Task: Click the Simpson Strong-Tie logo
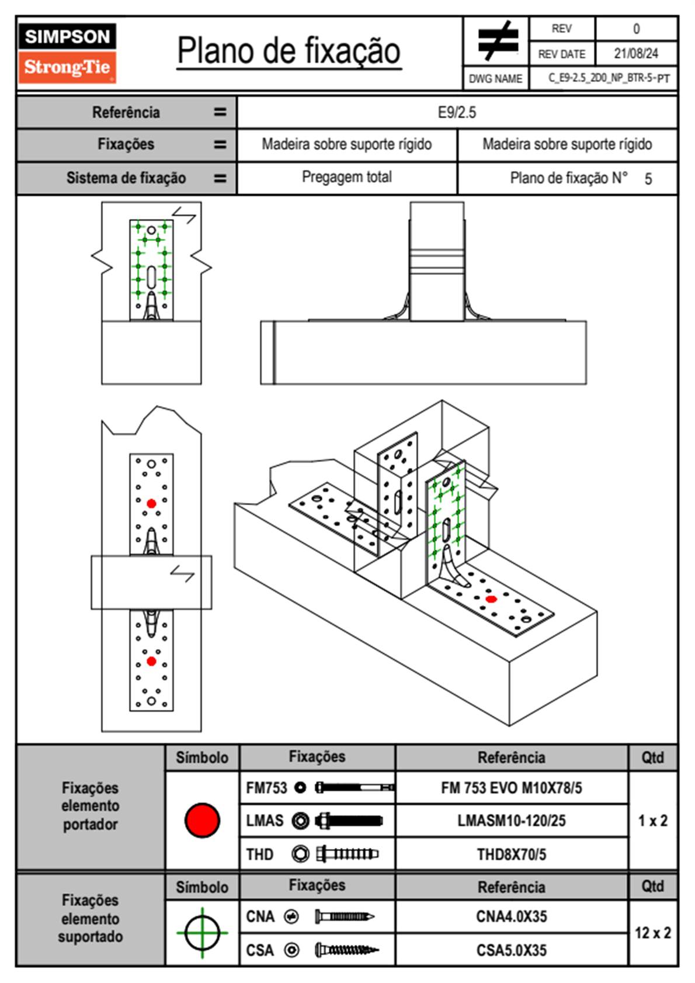(67, 53)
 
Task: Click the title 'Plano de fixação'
(289, 51)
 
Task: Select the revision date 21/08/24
(635, 54)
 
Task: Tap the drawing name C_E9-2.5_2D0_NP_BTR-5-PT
(609, 78)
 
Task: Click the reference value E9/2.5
(457, 112)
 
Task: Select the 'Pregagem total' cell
(346, 177)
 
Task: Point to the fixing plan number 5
(648, 179)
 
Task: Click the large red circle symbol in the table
(202, 820)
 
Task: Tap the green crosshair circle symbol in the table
(202, 933)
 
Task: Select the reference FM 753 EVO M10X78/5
(511, 788)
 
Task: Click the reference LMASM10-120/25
(511, 821)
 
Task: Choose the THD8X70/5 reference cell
(511, 854)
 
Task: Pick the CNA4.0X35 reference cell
(511, 916)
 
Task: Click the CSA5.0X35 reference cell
(511, 950)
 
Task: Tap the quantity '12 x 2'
(652, 933)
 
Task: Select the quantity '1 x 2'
(652, 821)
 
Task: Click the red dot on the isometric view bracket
(491, 599)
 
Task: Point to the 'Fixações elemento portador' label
(91, 806)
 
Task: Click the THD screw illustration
(347, 854)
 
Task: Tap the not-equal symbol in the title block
(497, 41)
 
